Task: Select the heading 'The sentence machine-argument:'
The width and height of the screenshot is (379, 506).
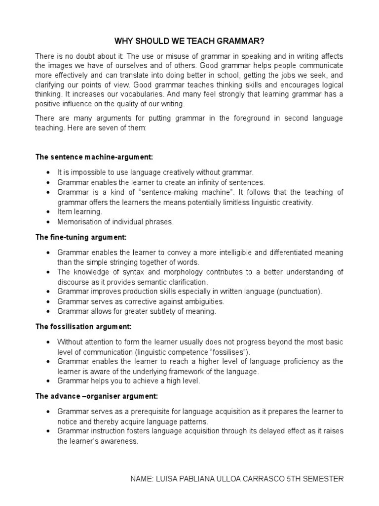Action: click(94, 157)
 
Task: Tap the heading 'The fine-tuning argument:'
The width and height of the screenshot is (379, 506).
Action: click(81, 237)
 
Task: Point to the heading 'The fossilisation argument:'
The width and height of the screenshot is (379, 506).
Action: click(83, 327)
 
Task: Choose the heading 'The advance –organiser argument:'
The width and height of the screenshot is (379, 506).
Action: click(97, 396)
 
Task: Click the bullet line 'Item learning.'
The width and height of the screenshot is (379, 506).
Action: click(79, 211)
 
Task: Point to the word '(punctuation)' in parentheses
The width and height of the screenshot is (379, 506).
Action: click(300, 292)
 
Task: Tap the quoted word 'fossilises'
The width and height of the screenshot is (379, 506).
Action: click(229, 352)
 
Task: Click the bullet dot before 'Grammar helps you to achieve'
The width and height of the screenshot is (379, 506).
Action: click(47, 381)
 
